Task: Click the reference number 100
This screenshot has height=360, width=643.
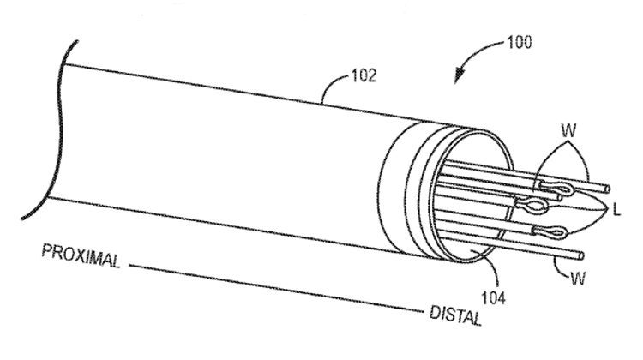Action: (x=520, y=43)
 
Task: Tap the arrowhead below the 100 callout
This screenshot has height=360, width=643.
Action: (x=460, y=75)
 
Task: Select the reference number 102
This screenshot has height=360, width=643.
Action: (x=364, y=75)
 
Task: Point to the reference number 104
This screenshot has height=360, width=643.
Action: (x=493, y=297)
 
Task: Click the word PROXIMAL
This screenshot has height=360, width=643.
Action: (x=81, y=255)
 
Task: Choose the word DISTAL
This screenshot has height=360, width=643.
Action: (x=455, y=315)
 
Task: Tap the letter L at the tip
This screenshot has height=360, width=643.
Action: (x=616, y=210)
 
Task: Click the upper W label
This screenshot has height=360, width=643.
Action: (x=568, y=131)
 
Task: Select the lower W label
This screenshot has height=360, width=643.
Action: (x=578, y=279)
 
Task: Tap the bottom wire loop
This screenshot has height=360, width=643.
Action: (x=550, y=232)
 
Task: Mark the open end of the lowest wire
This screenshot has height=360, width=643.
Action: (x=580, y=256)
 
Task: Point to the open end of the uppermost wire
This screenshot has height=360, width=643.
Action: (x=607, y=189)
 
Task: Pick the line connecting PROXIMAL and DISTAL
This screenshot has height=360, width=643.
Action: (x=275, y=289)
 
